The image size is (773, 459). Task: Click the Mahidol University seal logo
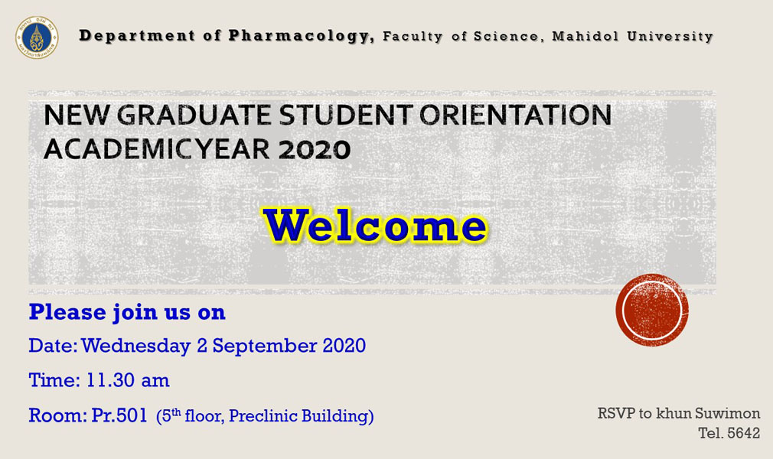[37, 37]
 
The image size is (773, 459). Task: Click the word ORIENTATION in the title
[516, 115]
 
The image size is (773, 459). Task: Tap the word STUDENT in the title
[346, 115]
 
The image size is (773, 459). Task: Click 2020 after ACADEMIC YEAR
[315, 149]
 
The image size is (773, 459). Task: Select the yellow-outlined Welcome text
[375, 226]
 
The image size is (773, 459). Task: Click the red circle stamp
[652, 310]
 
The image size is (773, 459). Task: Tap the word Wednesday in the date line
[136, 346]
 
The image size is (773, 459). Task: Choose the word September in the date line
[265, 346]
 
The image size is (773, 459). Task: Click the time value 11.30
[110, 380]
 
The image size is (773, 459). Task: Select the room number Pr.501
[119, 415]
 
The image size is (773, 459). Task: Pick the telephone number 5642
[744, 433]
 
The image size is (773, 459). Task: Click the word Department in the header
[137, 36]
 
